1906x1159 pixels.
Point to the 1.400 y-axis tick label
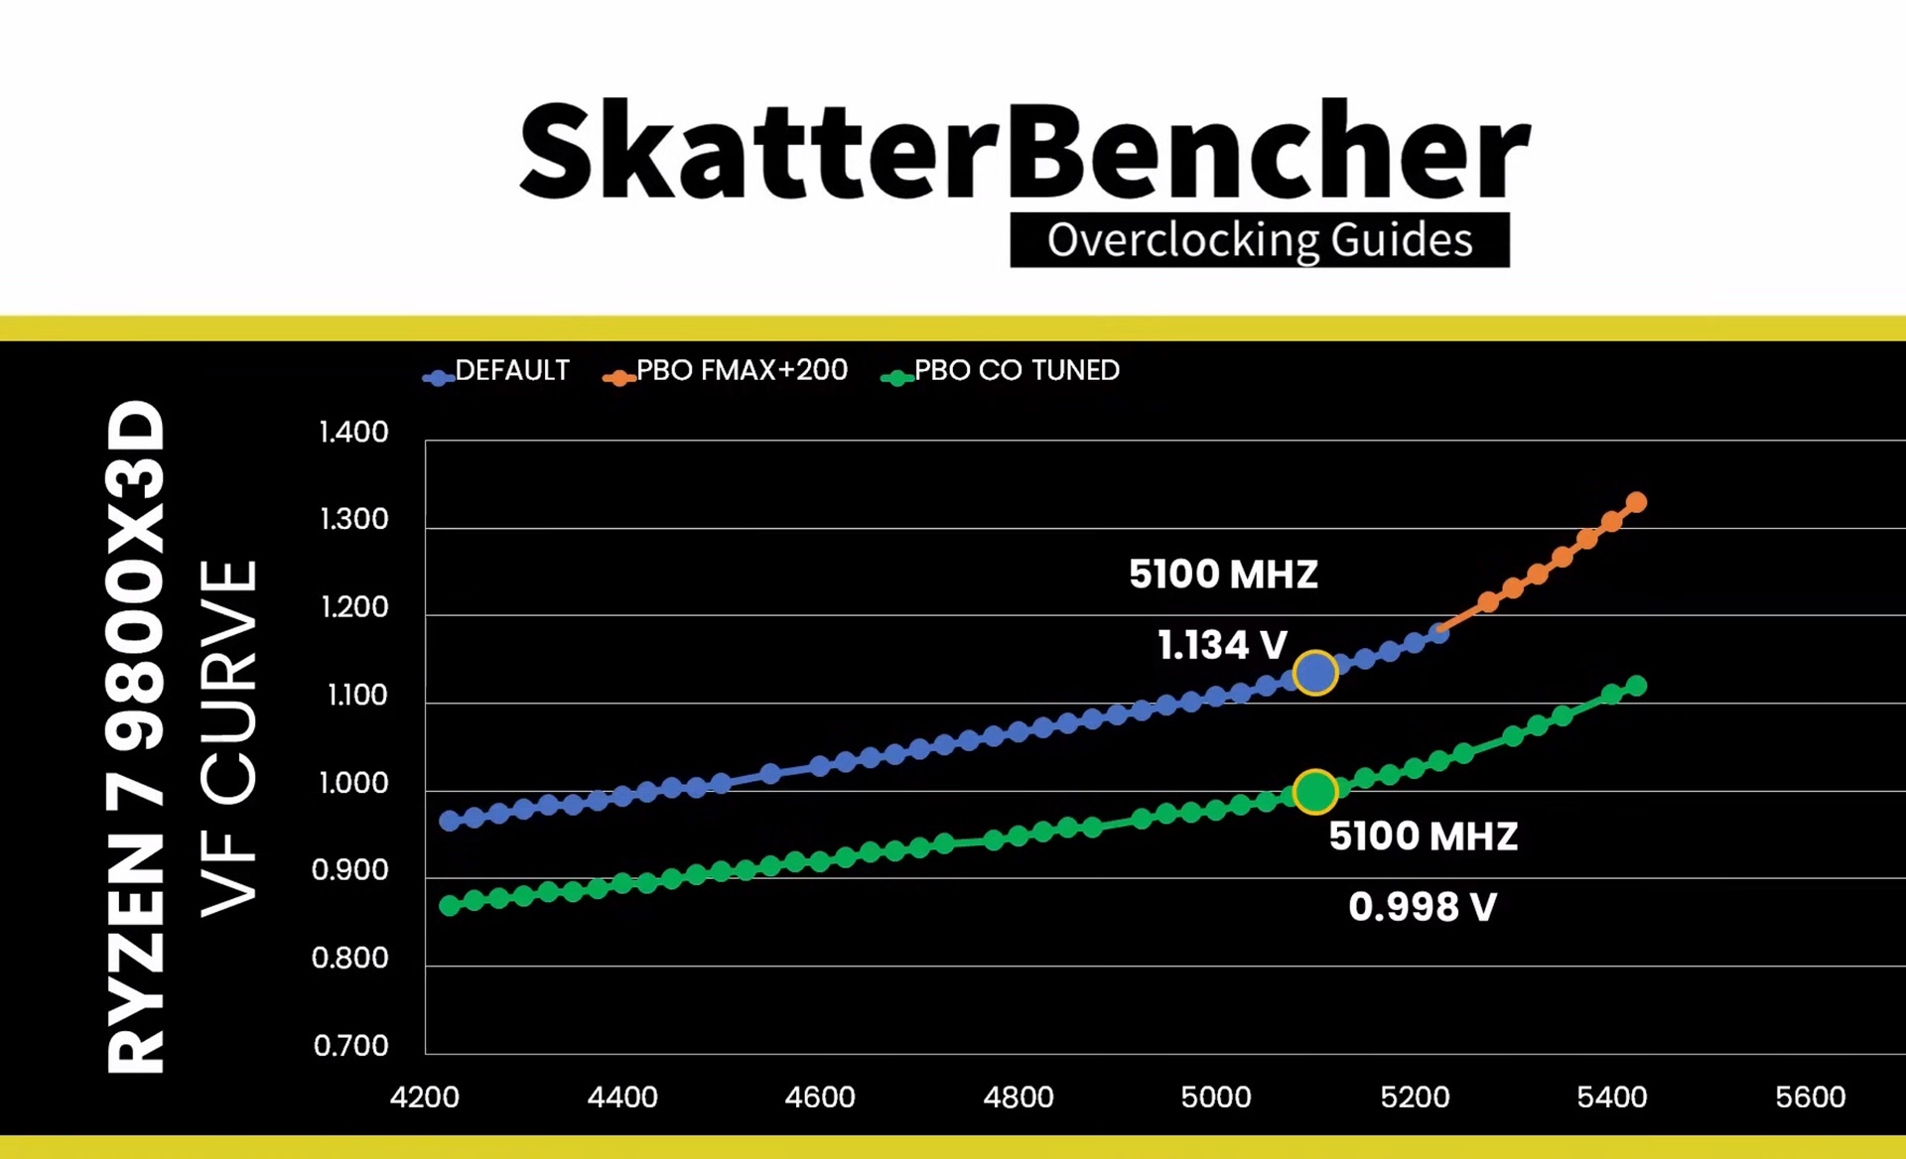click(x=353, y=433)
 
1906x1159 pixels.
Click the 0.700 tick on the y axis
click(x=350, y=1046)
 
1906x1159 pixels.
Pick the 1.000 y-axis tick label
click(x=353, y=783)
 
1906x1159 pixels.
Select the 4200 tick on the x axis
click(x=425, y=1097)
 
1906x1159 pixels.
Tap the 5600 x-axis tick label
click(x=1810, y=1097)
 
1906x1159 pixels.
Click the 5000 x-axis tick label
click(x=1216, y=1097)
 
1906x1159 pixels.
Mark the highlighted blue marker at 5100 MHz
click(x=1315, y=673)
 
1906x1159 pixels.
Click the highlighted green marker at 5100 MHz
click(x=1315, y=792)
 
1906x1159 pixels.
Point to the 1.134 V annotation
click(x=1222, y=646)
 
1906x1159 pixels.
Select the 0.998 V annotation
click(x=1423, y=907)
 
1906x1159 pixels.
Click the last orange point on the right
click(x=1637, y=503)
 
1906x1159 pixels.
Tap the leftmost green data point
click(x=450, y=905)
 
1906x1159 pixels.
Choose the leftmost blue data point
click(x=450, y=821)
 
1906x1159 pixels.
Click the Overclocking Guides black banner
click(x=1259, y=240)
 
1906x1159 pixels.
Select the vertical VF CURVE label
click(x=229, y=739)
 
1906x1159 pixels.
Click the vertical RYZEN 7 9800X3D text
click(x=136, y=736)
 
